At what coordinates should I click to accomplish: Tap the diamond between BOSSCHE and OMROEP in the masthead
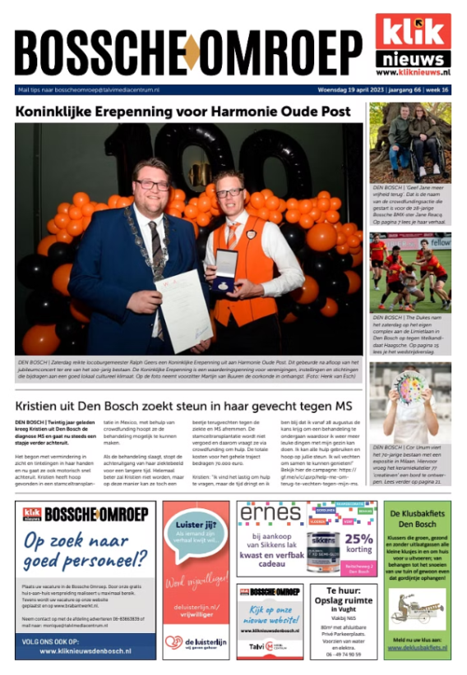(191, 53)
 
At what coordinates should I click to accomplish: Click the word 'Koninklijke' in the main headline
(62, 112)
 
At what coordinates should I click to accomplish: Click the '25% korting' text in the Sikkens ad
(358, 543)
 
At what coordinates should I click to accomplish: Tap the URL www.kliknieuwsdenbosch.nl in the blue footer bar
(85, 650)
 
